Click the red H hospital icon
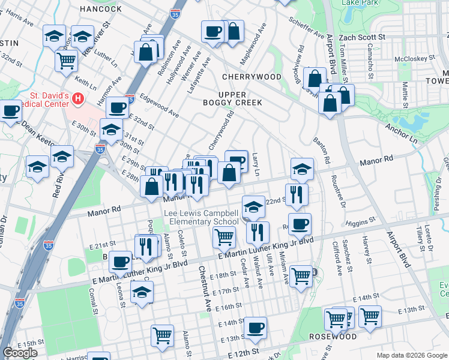pos(77,98)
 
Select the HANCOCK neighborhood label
pos(100,9)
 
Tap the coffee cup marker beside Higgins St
pos(300,224)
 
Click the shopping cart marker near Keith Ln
pos(66,61)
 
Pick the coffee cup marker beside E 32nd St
pos(117,108)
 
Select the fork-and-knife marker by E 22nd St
pos(297,194)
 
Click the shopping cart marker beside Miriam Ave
pos(301,276)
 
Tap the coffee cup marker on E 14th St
pos(256,328)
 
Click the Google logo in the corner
pos(20,353)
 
